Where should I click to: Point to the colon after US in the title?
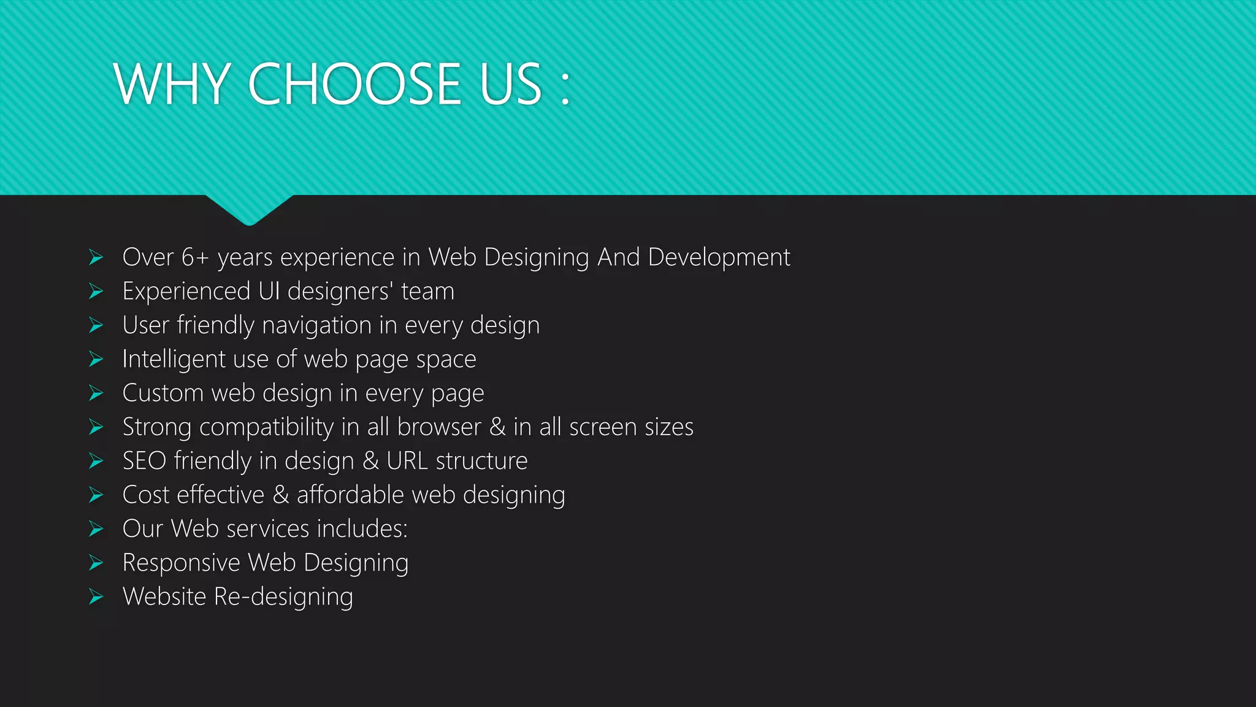point(565,87)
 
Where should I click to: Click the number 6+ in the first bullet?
point(195,257)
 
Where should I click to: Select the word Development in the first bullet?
point(719,257)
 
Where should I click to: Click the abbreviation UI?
point(269,291)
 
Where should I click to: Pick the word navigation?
point(316,325)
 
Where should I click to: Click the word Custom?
point(163,393)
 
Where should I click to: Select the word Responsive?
point(181,563)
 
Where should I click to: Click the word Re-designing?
point(283,597)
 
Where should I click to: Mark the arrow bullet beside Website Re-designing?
point(96,597)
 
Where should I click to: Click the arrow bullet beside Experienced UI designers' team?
point(96,291)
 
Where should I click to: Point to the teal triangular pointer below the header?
point(249,209)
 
